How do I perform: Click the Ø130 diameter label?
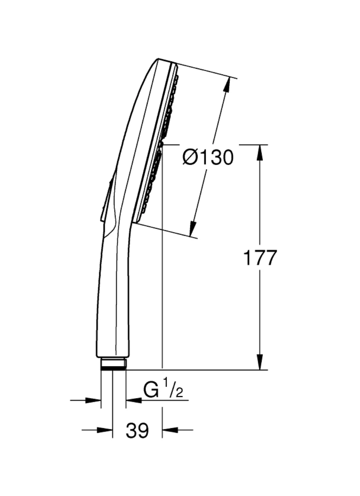(x=208, y=157)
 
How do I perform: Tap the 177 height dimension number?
(x=260, y=257)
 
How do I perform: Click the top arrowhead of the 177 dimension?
(x=260, y=152)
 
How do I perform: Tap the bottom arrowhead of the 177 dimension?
(x=260, y=362)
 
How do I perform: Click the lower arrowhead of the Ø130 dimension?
(x=193, y=228)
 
